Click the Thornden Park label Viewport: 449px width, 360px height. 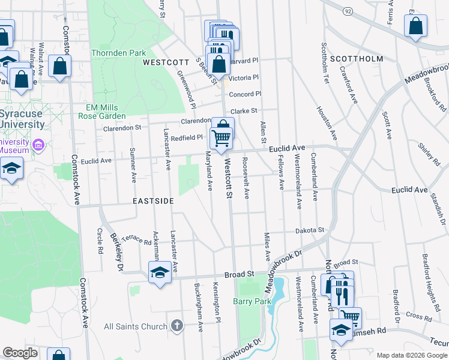118,53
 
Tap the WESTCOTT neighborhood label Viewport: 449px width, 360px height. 161,62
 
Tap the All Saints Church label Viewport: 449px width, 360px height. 135,326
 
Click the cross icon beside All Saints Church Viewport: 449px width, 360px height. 176,326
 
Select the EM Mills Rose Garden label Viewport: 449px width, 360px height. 106,112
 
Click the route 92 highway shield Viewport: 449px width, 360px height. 347,11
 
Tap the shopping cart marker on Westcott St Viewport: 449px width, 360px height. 221,138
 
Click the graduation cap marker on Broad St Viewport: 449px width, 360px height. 159,273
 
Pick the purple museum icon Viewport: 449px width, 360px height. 40,145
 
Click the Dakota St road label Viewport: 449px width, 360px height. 309,230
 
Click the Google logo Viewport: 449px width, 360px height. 20,353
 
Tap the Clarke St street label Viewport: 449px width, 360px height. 244,111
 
